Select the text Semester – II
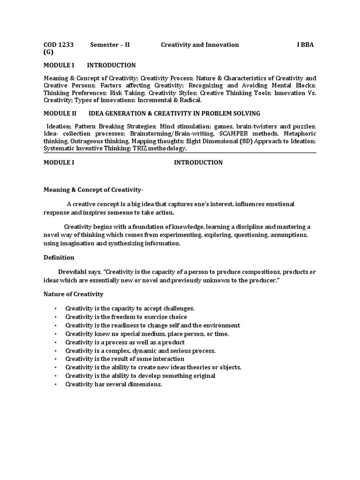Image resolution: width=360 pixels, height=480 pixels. click(x=110, y=45)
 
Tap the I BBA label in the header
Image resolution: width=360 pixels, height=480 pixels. click(x=305, y=45)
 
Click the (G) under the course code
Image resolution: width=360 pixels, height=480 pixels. click(x=49, y=52)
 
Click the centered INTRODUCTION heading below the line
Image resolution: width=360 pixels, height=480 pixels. click(x=198, y=163)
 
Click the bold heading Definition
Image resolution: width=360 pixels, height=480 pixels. click(x=59, y=257)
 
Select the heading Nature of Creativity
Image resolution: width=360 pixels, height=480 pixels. click(x=74, y=294)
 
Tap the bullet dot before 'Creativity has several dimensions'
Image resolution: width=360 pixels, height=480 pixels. click(x=55, y=384)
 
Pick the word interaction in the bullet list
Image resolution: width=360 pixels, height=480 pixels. click(x=167, y=359)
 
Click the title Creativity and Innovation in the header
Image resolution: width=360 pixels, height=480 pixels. click(x=200, y=45)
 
